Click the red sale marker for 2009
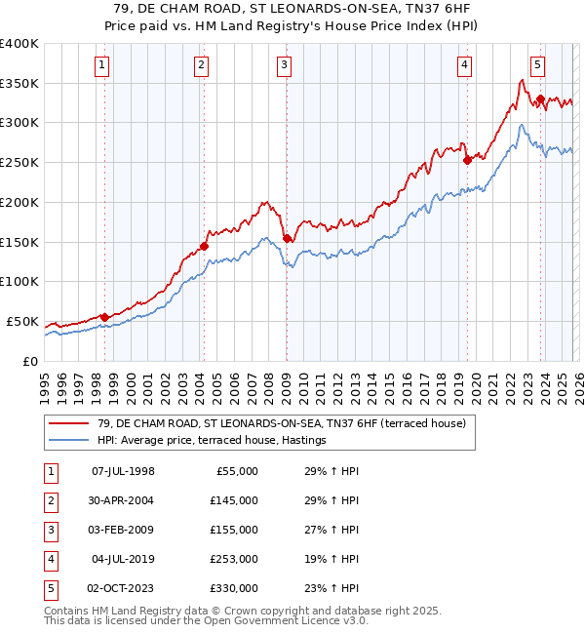pyautogui.click(x=287, y=238)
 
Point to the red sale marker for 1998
pyautogui.click(x=104, y=317)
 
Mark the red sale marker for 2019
pyautogui.click(x=467, y=160)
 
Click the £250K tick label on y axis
pyautogui.click(x=19, y=163)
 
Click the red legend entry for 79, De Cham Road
pyautogui.click(x=276, y=423)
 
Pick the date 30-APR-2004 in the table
pyautogui.click(x=122, y=500)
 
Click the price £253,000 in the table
pyautogui.click(x=233, y=559)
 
